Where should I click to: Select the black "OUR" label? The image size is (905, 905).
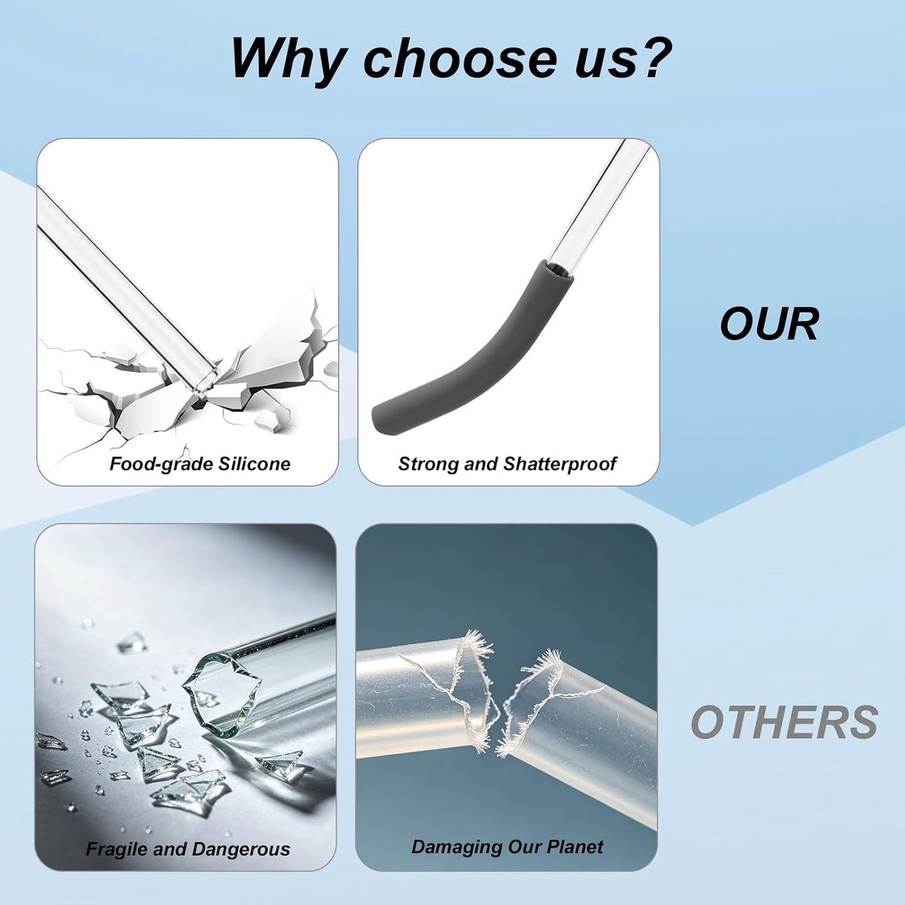[768, 324]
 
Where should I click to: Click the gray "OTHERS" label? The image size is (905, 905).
[784, 722]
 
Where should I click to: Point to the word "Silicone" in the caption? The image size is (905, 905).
[253, 464]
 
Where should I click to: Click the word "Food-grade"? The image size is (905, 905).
[161, 465]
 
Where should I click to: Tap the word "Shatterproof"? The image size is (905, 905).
[560, 464]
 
